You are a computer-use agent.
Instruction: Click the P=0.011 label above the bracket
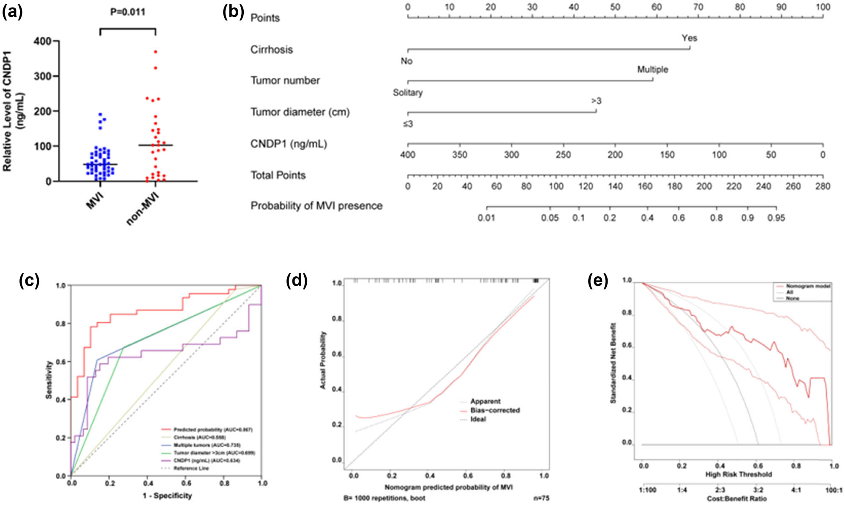(128, 12)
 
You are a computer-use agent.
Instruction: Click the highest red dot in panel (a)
(155, 52)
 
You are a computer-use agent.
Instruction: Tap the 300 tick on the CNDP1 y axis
(42, 76)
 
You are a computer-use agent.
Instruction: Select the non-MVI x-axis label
(143, 208)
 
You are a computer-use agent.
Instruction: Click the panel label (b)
(233, 13)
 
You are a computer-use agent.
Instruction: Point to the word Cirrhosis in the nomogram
(271, 50)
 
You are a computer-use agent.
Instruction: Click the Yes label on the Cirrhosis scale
(689, 38)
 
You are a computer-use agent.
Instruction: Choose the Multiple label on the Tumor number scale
(652, 70)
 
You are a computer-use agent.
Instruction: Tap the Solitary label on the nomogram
(407, 93)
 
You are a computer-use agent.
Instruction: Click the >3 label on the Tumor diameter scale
(596, 101)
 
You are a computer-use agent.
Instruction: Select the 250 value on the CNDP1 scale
(563, 155)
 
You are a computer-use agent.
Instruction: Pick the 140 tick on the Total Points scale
(615, 186)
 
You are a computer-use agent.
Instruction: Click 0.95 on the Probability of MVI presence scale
(776, 218)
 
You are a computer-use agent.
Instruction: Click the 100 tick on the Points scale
(823, 7)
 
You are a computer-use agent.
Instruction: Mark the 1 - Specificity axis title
(167, 496)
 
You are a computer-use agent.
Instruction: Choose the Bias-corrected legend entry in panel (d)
(495, 410)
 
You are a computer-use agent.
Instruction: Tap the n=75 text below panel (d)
(541, 498)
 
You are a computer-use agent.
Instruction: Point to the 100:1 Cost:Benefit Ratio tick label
(834, 490)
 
